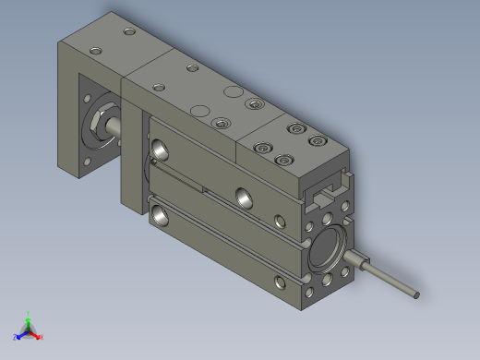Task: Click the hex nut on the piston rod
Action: pos(98,124)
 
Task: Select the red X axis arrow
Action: pos(38,336)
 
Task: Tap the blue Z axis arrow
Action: pos(18,336)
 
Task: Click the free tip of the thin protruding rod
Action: pos(416,295)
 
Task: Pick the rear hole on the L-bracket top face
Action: pos(128,32)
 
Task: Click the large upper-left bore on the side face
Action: pos(162,147)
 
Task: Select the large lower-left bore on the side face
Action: pos(162,215)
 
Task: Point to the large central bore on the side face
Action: pos(245,196)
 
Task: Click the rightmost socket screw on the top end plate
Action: pos(318,141)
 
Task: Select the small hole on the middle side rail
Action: pos(280,222)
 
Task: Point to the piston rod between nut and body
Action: pos(116,128)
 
